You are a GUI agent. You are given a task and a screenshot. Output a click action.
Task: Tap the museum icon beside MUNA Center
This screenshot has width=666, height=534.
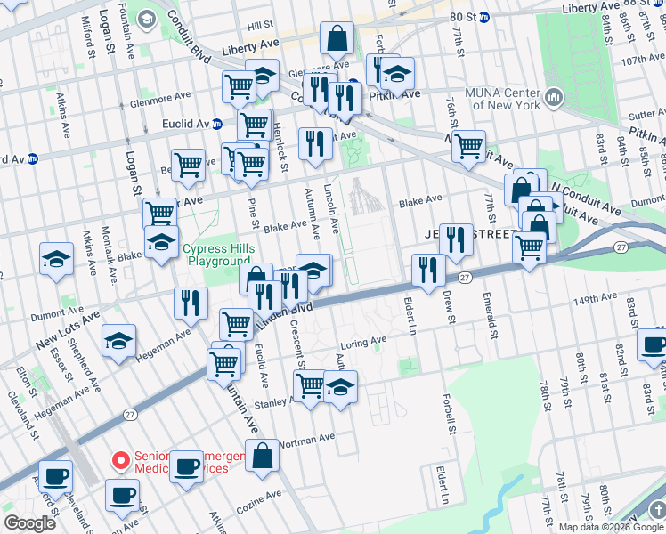click(x=553, y=95)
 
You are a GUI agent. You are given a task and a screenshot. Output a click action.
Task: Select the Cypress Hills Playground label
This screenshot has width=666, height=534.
click(x=219, y=255)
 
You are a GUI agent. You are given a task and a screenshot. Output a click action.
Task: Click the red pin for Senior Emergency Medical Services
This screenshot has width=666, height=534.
click(x=119, y=459)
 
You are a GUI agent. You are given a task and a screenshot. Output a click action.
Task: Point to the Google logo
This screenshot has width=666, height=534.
click(x=29, y=523)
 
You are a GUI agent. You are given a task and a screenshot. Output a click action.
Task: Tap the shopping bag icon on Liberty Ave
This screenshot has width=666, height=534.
click(x=337, y=38)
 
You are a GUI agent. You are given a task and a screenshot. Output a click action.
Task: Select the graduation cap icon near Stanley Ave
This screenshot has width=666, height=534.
click(x=340, y=387)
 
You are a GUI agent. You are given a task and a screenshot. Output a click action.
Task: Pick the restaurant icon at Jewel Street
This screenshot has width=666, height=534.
click(x=455, y=239)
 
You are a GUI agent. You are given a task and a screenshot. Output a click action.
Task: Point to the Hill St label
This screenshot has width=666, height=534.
click(x=261, y=27)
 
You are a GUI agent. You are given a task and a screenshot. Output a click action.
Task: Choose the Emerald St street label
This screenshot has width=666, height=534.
click(x=491, y=318)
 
